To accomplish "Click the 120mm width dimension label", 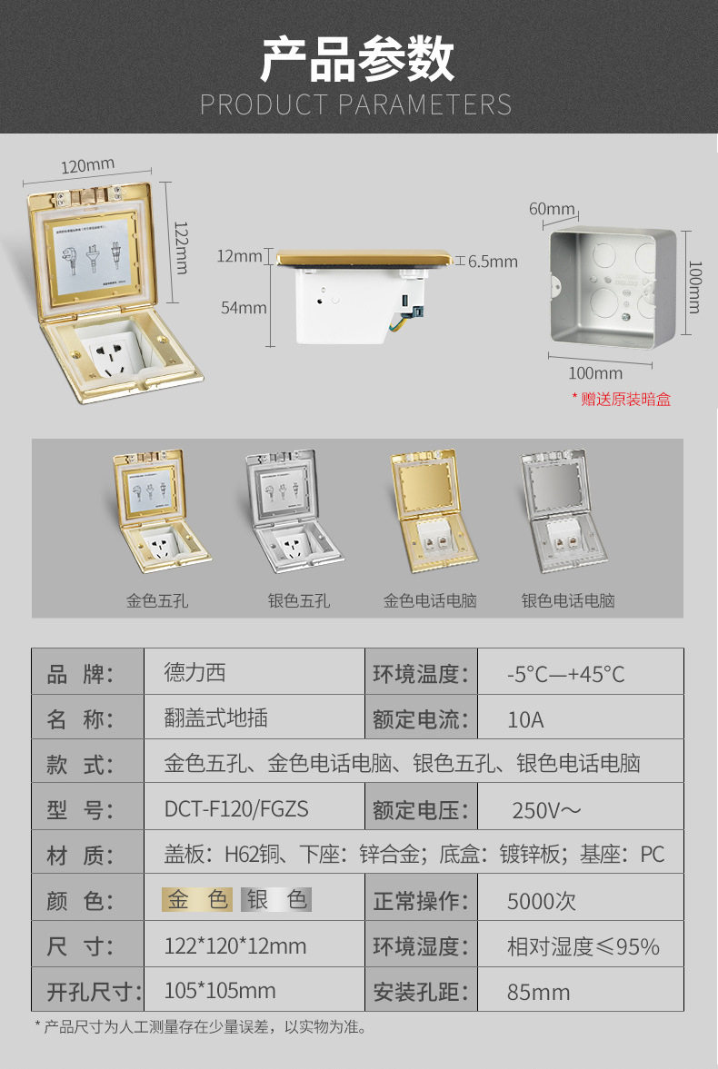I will [x=88, y=166].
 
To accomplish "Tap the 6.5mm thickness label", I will [x=493, y=262].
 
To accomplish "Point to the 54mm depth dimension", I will [x=244, y=308].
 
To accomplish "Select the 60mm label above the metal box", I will [x=552, y=209].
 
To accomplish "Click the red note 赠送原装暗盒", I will [x=622, y=399].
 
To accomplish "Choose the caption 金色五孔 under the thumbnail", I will [x=157, y=600].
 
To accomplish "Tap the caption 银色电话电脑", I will [x=568, y=600].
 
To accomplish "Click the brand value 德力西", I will [x=194, y=673].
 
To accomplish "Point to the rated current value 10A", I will [x=525, y=719].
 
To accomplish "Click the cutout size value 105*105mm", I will [x=220, y=990].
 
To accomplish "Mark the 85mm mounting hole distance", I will [x=538, y=992].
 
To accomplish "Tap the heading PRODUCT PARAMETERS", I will [x=356, y=104].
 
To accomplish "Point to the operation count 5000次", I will [x=542, y=901].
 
